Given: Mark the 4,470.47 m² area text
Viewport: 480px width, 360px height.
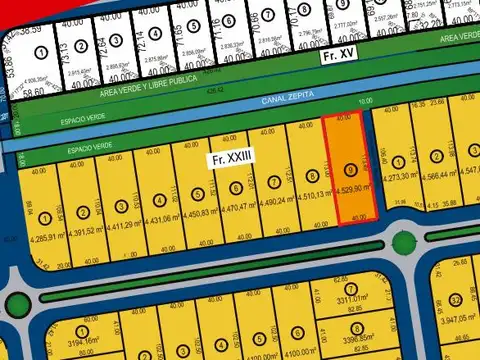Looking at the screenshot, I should click(237, 208).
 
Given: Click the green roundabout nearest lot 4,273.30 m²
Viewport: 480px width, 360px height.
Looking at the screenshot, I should click(403, 242).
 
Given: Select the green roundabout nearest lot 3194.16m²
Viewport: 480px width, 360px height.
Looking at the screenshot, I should click(15, 305).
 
